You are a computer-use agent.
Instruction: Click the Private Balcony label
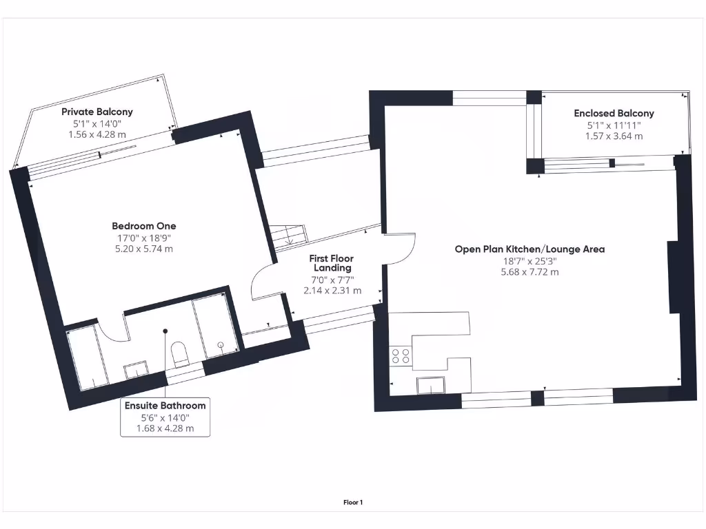(97, 112)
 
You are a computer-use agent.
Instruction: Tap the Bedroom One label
(144, 226)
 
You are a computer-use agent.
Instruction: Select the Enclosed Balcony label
(614, 114)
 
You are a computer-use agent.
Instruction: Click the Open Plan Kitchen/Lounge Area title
(529, 249)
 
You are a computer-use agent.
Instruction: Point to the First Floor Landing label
(332, 263)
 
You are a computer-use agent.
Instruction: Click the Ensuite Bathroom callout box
(165, 417)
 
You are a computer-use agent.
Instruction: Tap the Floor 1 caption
(353, 503)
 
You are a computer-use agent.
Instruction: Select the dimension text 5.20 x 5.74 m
(144, 249)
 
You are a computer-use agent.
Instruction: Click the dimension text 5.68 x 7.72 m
(529, 272)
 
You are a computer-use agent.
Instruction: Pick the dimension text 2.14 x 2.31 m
(332, 291)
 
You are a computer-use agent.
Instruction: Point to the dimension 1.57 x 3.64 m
(614, 136)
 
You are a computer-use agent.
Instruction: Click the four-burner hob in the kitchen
(401, 355)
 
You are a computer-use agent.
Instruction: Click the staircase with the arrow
(288, 236)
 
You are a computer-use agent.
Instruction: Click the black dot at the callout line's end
(165, 331)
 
